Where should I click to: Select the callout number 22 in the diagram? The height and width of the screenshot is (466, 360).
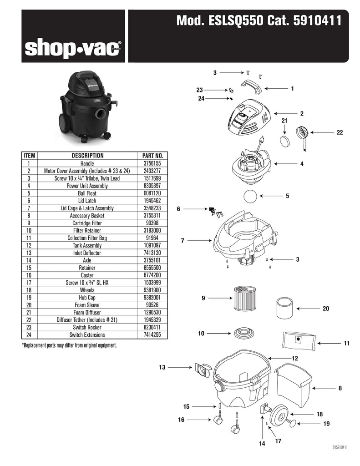tap(339, 132)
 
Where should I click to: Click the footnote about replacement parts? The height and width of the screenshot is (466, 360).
tap(69, 345)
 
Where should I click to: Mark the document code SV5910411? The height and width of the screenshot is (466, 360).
tap(340, 447)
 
